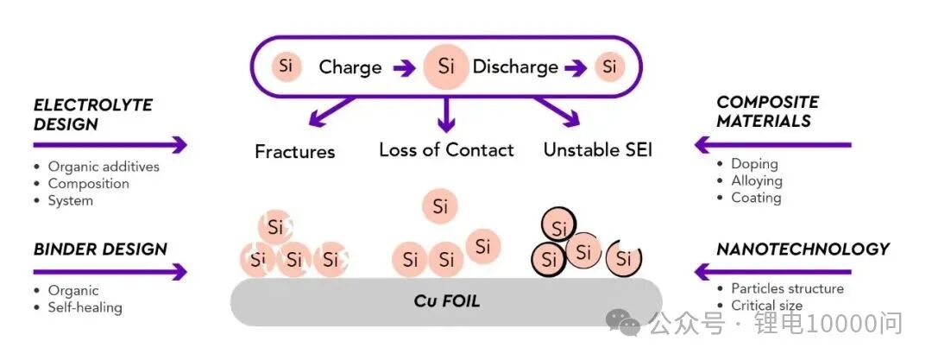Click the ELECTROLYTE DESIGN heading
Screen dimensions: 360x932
[92, 114]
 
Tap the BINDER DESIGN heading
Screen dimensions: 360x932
[100, 249]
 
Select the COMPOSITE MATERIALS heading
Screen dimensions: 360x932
[767, 111]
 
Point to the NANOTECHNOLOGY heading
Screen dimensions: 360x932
[803, 249]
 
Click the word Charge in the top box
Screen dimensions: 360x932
[349, 67]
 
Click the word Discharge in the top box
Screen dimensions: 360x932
[515, 67]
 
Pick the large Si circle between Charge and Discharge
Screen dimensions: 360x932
[446, 66]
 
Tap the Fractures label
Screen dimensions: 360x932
[294, 152]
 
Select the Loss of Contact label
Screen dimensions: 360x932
[446, 150]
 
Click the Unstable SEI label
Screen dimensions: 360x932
[597, 150]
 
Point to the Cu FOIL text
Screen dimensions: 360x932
[446, 301]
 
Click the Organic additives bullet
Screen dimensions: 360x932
[104, 167]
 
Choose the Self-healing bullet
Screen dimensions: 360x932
[85, 307]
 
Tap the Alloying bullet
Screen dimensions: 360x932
[756, 180]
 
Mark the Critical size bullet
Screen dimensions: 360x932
[766, 305]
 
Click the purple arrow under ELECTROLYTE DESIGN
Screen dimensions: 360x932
[110, 144]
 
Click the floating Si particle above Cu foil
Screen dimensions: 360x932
[440, 206]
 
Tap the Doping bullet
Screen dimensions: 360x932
[754, 164]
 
